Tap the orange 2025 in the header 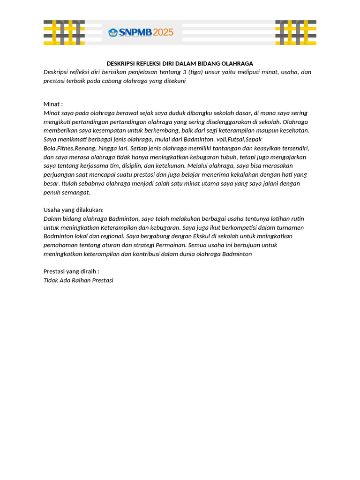click(163, 32)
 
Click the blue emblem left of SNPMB click(113, 32)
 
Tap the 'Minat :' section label click(53, 104)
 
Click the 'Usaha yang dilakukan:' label click(74, 210)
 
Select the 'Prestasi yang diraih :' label click(71, 271)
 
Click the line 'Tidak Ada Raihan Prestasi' click(78, 280)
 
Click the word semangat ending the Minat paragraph click(76, 192)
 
